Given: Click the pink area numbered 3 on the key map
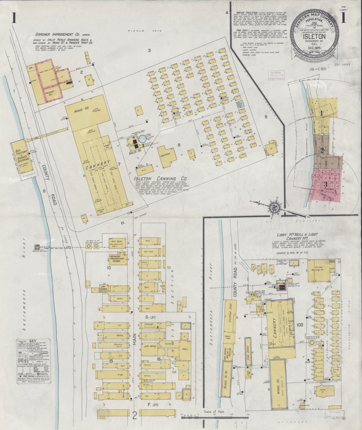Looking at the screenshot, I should [x=326, y=184].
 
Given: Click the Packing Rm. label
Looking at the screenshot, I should [x=50, y=93].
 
